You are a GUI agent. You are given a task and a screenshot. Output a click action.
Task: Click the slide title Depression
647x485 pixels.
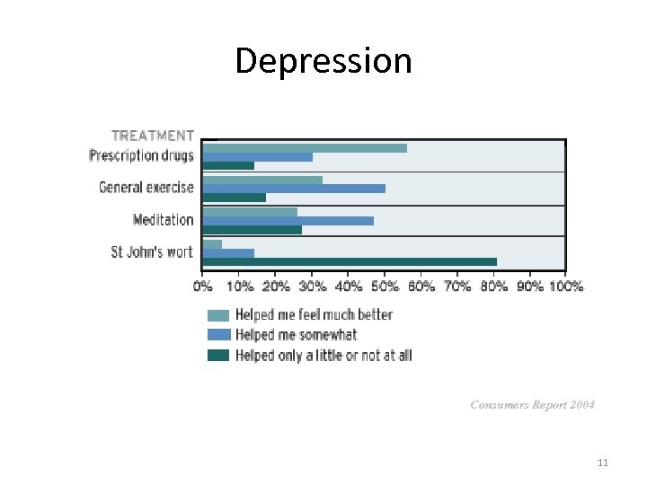coord(323,61)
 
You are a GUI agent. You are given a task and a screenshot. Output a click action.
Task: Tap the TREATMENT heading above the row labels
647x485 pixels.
coord(153,136)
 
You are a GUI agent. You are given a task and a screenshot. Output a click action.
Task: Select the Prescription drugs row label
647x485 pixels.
coord(141,156)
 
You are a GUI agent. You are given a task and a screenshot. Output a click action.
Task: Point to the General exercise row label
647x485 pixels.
coord(146,188)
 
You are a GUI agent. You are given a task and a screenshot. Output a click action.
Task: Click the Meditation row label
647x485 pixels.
coord(163,220)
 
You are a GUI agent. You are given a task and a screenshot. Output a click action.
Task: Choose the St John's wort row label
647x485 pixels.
coord(152,252)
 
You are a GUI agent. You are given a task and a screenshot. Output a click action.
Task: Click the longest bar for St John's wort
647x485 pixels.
coord(350,261)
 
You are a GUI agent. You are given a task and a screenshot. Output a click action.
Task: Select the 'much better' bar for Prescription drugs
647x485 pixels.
coord(305,148)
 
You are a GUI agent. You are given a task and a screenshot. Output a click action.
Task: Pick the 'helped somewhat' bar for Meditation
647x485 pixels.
coord(288,220)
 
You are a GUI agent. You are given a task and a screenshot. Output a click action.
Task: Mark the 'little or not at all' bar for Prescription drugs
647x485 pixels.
coord(228,165)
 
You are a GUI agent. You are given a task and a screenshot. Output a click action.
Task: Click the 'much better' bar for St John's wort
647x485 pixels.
coord(212,243)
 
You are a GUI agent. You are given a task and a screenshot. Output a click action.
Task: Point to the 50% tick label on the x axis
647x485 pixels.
coord(385,287)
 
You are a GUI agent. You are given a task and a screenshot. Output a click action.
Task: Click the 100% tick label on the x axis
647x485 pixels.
coord(566,287)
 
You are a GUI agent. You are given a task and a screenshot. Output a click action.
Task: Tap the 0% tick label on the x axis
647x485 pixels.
coord(203,287)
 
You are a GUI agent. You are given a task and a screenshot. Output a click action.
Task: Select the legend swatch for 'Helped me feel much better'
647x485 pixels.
coord(218,315)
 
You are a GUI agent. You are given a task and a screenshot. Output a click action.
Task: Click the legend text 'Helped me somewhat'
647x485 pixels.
coord(296,335)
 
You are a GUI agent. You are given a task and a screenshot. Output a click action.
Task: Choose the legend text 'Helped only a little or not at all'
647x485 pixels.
coord(323,355)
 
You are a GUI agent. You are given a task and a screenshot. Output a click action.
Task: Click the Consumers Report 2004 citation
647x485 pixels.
coord(532,405)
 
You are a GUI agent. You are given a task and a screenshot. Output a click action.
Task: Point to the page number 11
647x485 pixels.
coord(602,463)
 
